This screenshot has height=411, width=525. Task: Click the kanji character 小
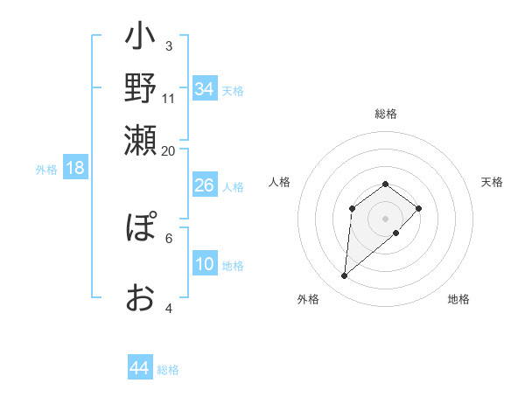140,38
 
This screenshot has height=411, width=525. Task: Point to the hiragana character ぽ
140,229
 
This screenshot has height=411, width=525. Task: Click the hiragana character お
140,297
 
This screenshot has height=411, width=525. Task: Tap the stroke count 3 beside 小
168,46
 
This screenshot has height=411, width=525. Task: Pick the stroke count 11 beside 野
169,97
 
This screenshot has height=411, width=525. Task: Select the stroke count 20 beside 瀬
169,150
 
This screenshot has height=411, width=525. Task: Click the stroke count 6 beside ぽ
168,237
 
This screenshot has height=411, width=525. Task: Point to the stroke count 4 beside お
168,308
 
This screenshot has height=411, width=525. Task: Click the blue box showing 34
204,89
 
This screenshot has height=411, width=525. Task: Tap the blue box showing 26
204,185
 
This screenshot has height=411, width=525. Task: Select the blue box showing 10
204,264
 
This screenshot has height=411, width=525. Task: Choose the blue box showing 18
74,168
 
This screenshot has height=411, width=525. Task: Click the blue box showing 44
139,368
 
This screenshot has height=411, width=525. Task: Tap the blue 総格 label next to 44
168,370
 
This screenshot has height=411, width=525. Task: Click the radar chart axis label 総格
386,114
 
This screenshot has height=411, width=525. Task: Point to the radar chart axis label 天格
493,182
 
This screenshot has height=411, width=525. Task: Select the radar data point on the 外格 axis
345,276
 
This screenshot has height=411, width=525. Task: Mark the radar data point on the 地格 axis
396,233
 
